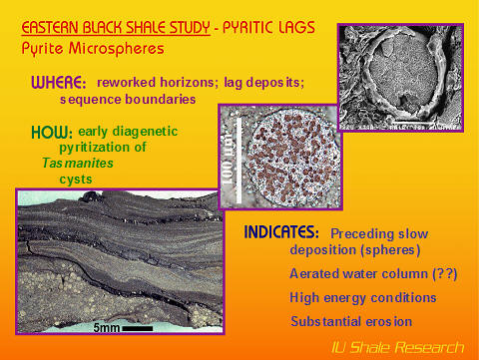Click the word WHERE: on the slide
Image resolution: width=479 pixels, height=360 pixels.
(x=59, y=82)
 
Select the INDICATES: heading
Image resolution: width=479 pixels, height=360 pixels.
(x=281, y=232)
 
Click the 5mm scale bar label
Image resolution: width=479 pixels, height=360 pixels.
(x=108, y=326)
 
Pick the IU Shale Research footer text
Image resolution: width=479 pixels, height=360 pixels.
(x=397, y=347)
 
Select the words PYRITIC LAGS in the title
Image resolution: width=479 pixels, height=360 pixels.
(x=234, y=27)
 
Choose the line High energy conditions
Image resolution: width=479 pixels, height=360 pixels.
(x=362, y=297)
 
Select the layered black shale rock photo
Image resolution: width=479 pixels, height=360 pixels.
(x=120, y=259)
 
